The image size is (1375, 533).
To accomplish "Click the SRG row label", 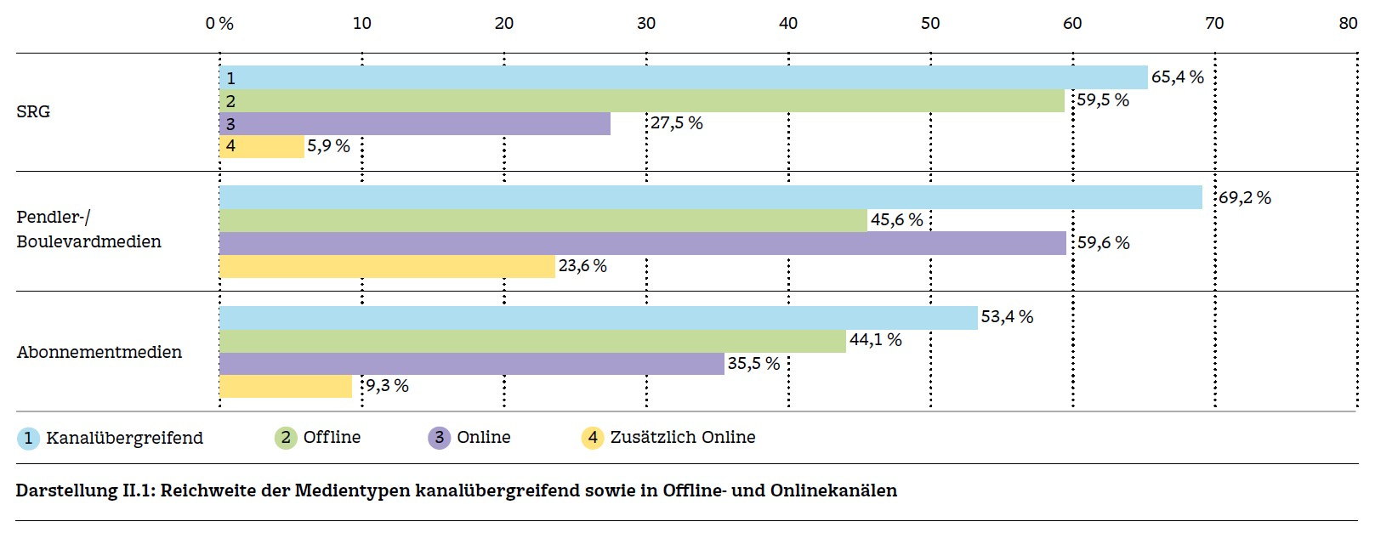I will (x=33, y=111).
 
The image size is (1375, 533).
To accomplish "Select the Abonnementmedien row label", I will (x=99, y=352).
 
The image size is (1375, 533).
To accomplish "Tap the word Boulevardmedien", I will (x=88, y=241).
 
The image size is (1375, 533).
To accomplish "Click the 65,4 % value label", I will (x=1177, y=77).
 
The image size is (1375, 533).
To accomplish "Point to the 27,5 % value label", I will (x=677, y=123).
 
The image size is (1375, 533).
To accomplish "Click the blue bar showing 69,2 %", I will (x=710, y=197).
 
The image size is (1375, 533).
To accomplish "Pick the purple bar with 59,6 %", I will (x=642, y=243).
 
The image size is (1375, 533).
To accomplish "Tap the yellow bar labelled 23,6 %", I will (x=387, y=266).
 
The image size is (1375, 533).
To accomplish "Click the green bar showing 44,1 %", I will (x=532, y=341).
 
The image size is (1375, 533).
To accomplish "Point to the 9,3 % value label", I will (x=387, y=386).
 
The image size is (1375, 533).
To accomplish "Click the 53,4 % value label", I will (x=1007, y=317).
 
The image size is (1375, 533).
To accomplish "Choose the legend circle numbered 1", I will (x=28, y=438).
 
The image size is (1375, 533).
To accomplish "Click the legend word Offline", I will (x=332, y=437).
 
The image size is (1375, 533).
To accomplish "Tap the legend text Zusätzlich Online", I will (x=682, y=437).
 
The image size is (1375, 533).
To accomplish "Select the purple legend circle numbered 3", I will (x=439, y=438).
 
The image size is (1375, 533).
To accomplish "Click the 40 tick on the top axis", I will (x=788, y=23).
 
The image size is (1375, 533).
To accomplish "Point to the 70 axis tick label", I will (x=1214, y=23).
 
